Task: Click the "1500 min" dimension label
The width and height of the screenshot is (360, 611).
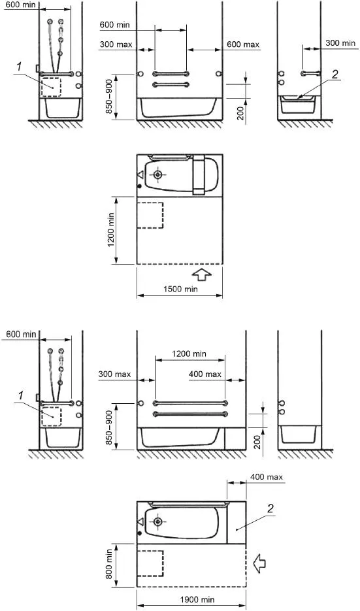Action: (x=180, y=289)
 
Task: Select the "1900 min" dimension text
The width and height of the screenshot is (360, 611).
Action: (x=197, y=600)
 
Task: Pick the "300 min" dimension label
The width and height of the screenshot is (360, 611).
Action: (x=340, y=43)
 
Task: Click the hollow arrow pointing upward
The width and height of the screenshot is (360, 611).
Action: (x=202, y=274)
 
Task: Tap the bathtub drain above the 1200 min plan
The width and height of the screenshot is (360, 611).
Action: (x=157, y=174)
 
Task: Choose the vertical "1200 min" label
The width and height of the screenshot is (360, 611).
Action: (x=112, y=230)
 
